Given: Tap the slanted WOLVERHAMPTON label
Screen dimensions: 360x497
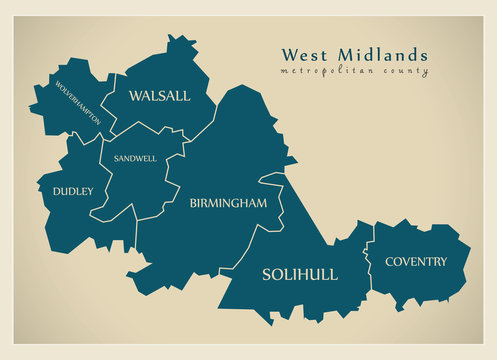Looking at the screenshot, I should (78, 104).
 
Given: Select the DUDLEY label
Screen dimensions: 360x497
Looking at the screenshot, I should (73, 190).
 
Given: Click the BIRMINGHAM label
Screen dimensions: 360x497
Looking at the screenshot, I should (228, 203).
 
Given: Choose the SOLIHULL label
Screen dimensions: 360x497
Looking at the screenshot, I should (299, 274).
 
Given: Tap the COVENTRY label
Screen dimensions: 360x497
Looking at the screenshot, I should (417, 262).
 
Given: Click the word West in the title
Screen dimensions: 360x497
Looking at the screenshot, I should (303, 55).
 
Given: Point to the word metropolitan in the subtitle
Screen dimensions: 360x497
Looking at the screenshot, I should (324, 72).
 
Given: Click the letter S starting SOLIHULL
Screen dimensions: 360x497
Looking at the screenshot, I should (266, 274).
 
